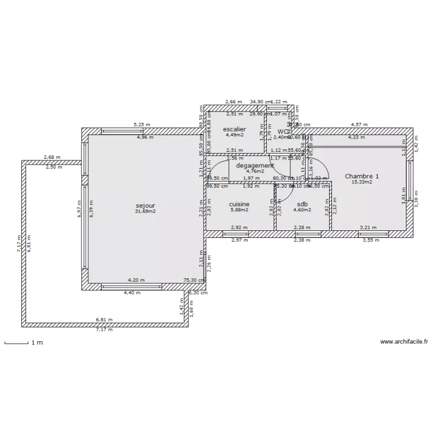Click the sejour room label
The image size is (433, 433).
[145, 206]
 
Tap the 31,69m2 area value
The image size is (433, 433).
[145, 211]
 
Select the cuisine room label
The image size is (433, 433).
[239, 204]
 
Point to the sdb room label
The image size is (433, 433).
[302, 204]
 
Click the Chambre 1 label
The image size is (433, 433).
[362, 176]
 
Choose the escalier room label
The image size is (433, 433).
[234, 129]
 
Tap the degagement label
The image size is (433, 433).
[255, 165]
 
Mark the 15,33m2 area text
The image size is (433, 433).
[362, 182]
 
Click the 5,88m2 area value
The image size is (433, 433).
[239, 210]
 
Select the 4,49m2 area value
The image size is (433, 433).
[234, 135]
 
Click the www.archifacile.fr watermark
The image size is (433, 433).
[404, 342]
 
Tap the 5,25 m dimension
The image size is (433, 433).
[141, 125]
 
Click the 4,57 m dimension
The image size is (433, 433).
[359, 125]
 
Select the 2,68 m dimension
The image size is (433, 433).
[52, 157]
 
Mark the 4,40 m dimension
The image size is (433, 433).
[132, 293]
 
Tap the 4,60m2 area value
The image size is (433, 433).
[302, 210]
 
